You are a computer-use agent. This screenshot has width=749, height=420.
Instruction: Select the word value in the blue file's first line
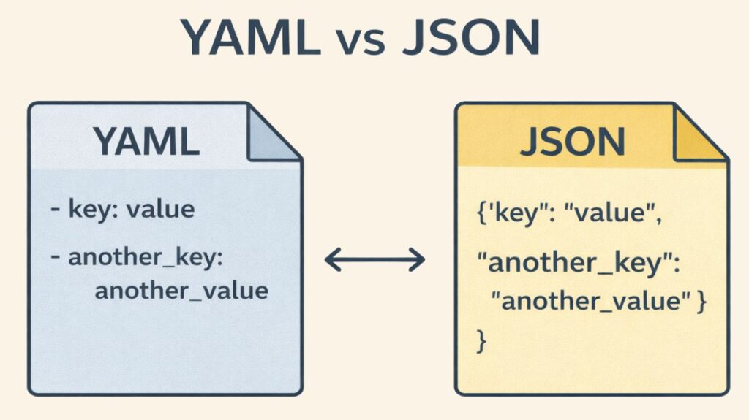point(161,210)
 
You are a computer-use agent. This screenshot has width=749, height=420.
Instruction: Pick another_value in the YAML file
point(181,291)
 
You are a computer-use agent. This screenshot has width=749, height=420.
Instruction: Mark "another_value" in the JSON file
point(587,302)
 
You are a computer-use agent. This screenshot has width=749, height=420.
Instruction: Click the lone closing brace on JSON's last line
point(481,339)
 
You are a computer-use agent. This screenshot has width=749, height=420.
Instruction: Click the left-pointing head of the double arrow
point(331,259)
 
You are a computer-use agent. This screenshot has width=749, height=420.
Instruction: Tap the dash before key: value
point(56,210)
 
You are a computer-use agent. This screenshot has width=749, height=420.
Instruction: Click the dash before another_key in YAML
point(56,259)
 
